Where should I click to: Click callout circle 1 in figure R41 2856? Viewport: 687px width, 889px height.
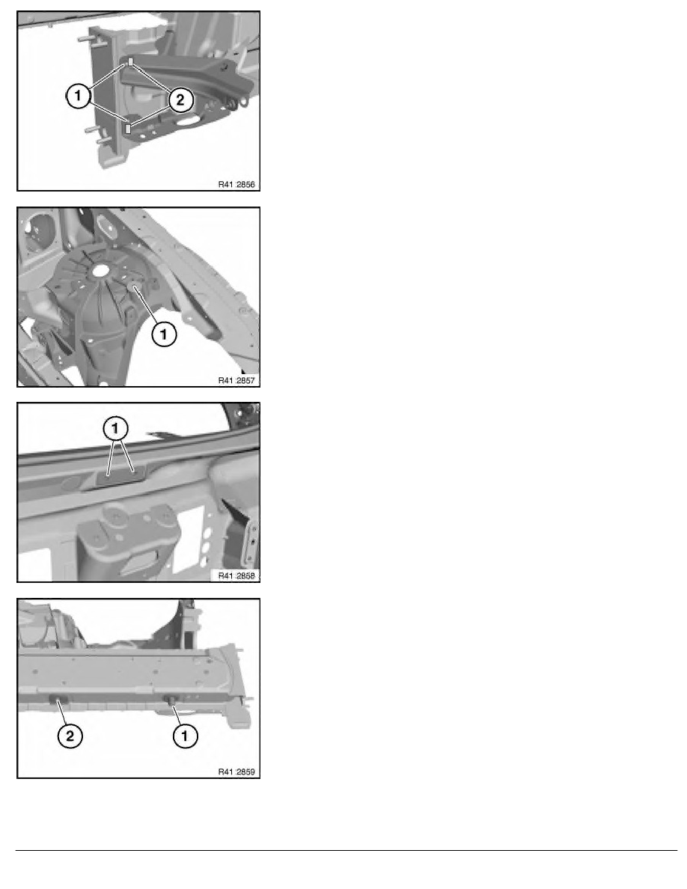tap(79, 95)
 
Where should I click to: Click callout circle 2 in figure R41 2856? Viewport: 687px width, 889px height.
tap(180, 100)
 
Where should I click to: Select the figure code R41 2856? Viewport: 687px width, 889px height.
tap(236, 184)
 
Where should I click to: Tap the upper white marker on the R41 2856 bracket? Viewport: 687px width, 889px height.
tap(130, 61)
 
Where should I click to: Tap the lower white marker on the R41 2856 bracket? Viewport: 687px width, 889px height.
tap(129, 128)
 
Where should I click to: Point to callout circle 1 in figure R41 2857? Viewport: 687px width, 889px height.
tap(164, 334)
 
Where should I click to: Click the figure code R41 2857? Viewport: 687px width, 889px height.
tap(236, 380)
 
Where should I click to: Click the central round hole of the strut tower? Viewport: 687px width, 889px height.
tap(101, 270)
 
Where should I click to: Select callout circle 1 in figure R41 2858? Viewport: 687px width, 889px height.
tap(116, 429)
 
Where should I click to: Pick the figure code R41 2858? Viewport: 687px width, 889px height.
tap(236, 575)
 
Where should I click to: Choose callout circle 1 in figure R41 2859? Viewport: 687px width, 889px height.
tap(184, 736)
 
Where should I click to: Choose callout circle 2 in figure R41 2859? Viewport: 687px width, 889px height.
tap(70, 736)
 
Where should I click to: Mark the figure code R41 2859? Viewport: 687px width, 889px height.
tap(236, 772)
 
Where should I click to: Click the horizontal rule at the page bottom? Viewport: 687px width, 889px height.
tap(346, 850)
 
